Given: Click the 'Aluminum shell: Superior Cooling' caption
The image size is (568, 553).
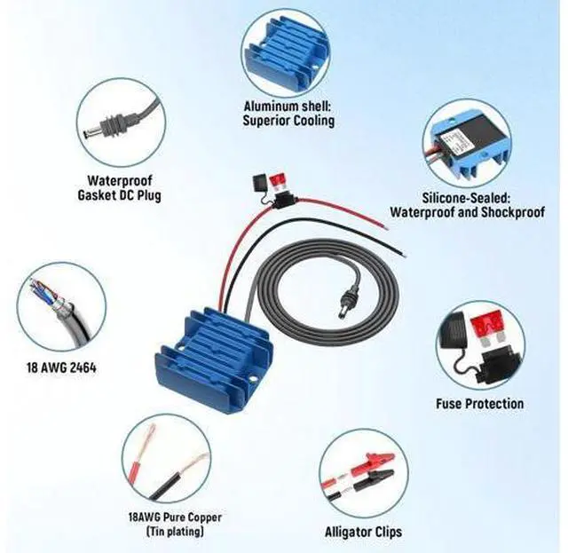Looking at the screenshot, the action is (x=288, y=114).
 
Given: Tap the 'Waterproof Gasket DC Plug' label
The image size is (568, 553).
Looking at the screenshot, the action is (x=120, y=187).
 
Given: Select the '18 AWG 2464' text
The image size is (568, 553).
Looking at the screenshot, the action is (x=61, y=367).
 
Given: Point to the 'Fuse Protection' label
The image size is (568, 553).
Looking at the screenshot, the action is (x=479, y=403).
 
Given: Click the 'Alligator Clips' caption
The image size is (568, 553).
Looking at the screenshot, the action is (x=363, y=532).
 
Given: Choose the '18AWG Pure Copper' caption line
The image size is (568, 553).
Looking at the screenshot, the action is (x=175, y=517).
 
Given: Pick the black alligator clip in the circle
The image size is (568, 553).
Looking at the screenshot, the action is (x=374, y=478).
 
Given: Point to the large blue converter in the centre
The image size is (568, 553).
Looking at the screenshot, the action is (x=215, y=359).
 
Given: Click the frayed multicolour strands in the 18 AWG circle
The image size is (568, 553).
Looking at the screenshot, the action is (x=45, y=292).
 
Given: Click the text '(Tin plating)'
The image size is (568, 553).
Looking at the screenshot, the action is (x=175, y=532).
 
